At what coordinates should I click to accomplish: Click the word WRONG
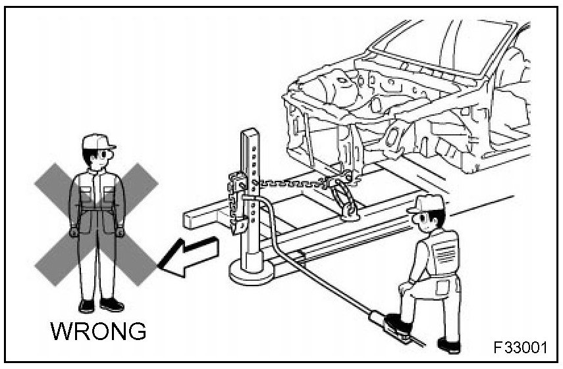point(98,332)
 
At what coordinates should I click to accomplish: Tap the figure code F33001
point(520,347)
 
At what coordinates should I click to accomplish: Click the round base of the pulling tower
point(254,270)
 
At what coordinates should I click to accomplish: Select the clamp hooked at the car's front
point(346,197)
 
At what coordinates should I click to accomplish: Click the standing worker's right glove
point(74,232)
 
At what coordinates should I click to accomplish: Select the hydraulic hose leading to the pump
point(309,276)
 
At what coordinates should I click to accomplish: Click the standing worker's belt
point(98,209)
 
